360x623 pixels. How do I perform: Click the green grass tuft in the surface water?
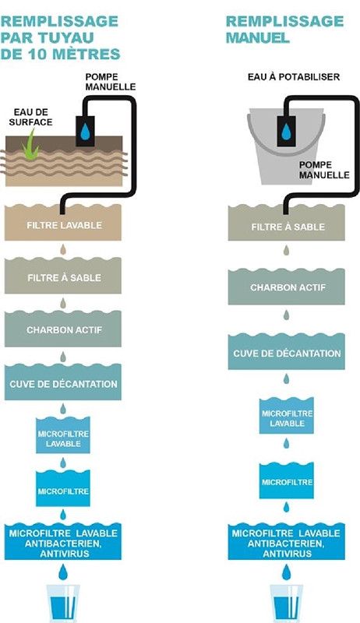coord(30,147)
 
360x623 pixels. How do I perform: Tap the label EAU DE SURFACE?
coord(30,118)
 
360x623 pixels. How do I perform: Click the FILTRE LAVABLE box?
coord(63,223)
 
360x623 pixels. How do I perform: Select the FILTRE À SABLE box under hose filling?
coord(63,276)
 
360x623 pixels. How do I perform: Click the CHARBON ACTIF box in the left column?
coord(63,329)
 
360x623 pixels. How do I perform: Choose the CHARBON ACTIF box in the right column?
coord(287,287)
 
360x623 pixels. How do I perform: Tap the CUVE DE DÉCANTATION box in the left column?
coord(63,382)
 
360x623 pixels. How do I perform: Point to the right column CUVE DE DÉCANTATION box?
coord(287,351)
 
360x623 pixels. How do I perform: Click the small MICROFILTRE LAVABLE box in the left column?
coord(63,435)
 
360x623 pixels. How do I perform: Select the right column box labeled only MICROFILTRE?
coord(287,480)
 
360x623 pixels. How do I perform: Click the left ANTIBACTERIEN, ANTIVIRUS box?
coord(63,541)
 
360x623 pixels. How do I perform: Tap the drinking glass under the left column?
coord(63,603)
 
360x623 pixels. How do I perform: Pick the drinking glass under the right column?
coord(287,603)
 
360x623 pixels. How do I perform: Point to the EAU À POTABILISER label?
coord(294,76)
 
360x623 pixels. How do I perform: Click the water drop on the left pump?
coord(85,132)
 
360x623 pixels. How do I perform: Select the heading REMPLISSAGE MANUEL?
coord(284,29)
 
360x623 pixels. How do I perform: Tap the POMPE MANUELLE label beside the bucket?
coord(324,170)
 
